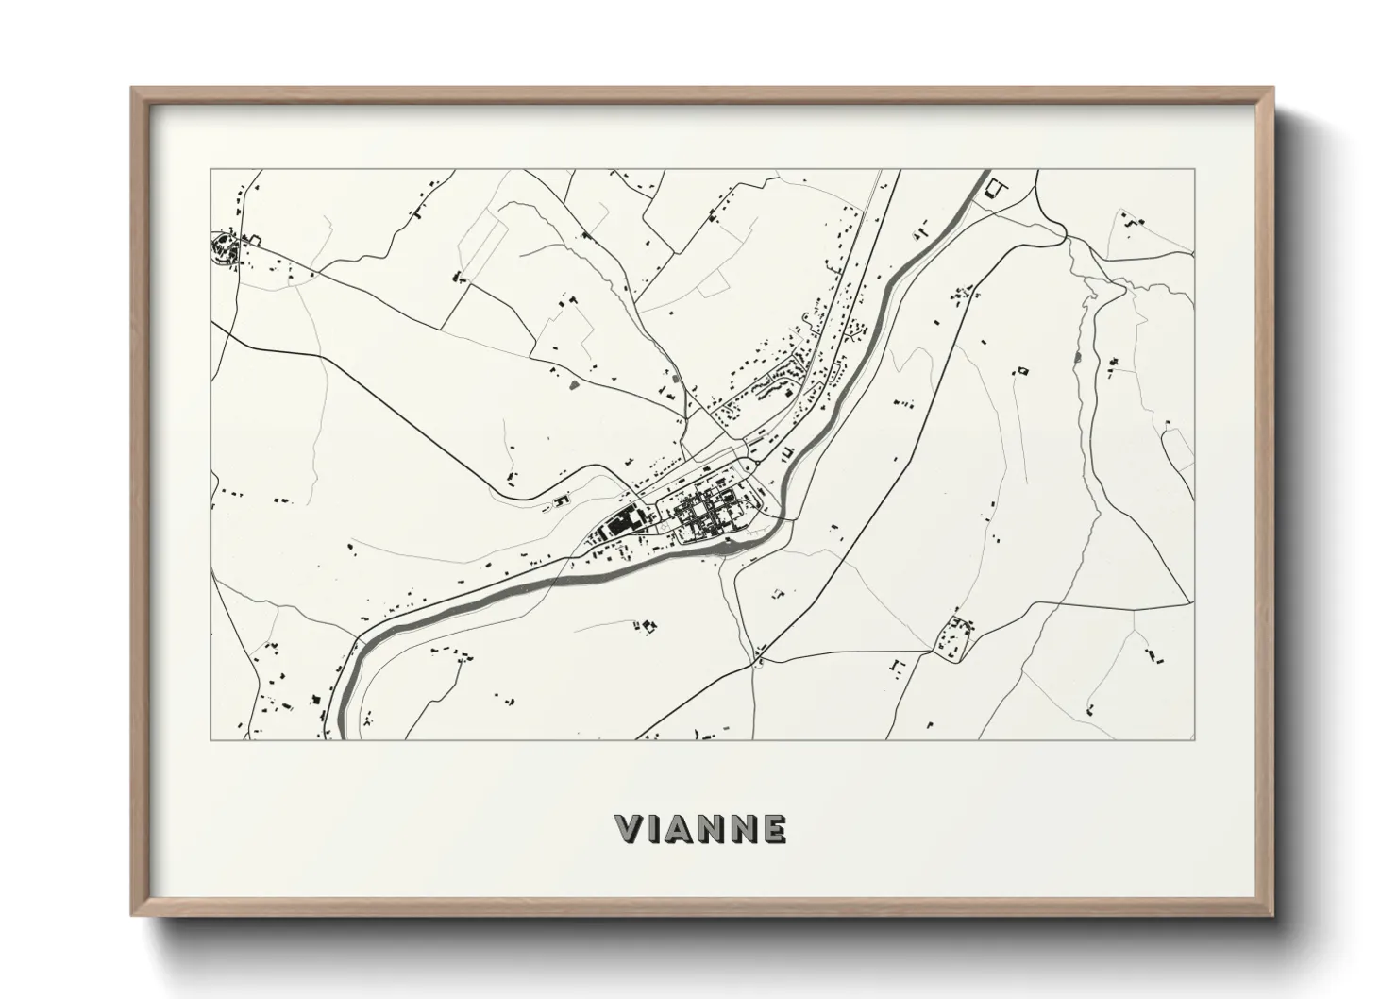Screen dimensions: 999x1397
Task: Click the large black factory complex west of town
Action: click(620, 520)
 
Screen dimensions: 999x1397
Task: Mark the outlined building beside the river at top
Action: click(993, 189)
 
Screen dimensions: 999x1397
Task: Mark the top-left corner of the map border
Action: click(210, 170)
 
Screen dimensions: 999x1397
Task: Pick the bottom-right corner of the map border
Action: click(1195, 739)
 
